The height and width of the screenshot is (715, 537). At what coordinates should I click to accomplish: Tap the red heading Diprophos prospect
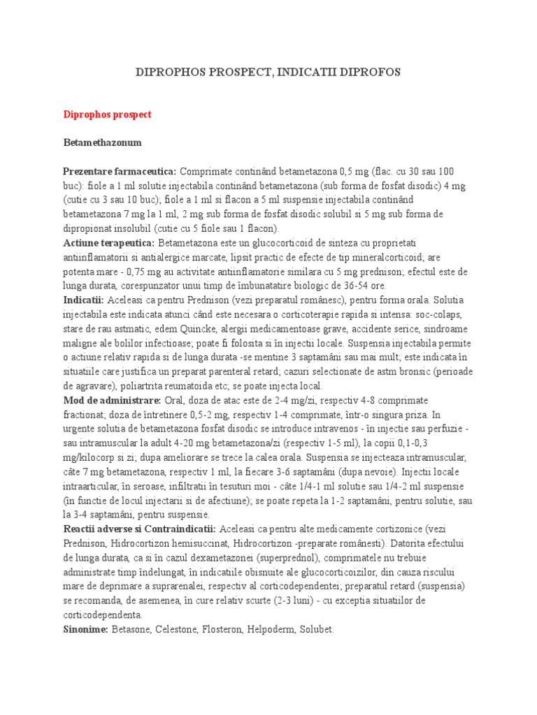[107, 114]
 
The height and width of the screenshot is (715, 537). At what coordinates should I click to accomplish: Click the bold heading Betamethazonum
[102, 142]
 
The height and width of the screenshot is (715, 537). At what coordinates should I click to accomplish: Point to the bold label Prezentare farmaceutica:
[120, 171]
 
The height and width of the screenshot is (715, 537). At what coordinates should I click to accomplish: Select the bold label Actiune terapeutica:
[109, 242]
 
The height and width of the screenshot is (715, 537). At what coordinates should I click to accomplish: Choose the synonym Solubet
[317, 629]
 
